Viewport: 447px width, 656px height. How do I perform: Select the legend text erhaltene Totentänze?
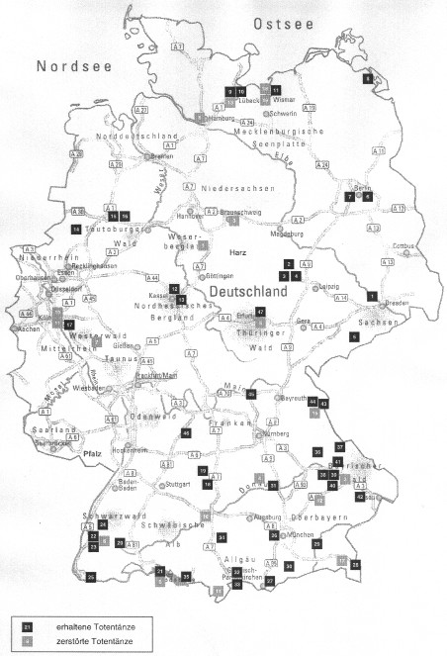point(88,627)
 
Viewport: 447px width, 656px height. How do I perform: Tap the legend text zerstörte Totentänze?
point(88,643)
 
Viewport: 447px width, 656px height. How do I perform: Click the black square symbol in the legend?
point(29,627)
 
